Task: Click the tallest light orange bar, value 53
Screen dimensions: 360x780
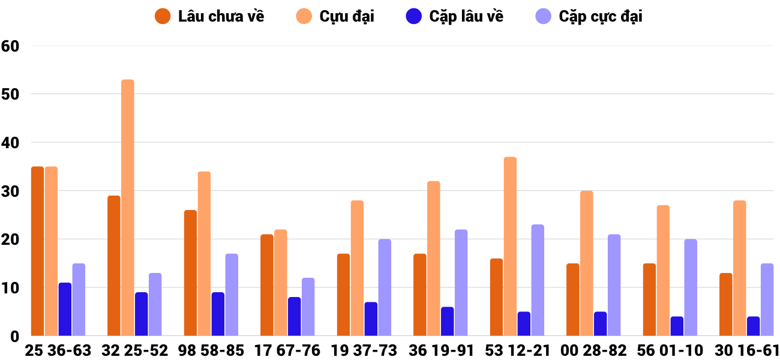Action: tap(128, 207)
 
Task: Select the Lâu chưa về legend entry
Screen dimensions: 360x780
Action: tap(209, 16)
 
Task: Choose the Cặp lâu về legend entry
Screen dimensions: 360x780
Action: tap(455, 16)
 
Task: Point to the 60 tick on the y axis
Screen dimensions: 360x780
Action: tap(11, 46)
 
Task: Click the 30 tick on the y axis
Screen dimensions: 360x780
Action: tap(11, 191)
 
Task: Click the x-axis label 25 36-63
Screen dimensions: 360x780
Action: tap(58, 350)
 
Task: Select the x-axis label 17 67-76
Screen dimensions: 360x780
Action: tap(287, 350)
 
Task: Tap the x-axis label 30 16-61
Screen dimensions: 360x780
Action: tap(747, 350)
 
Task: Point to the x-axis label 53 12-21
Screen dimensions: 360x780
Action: tap(517, 350)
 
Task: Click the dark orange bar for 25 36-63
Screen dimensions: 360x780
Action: tap(37, 251)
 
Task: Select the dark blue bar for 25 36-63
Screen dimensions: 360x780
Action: tap(65, 309)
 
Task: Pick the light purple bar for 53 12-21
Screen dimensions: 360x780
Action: tap(538, 280)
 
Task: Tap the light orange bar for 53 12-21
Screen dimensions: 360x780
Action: tap(510, 246)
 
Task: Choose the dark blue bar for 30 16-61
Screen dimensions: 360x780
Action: tap(753, 326)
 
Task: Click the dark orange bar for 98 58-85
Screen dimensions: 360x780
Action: tap(190, 273)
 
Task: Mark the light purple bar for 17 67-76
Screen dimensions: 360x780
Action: tap(308, 307)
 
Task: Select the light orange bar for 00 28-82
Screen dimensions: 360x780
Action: tap(587, 263)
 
